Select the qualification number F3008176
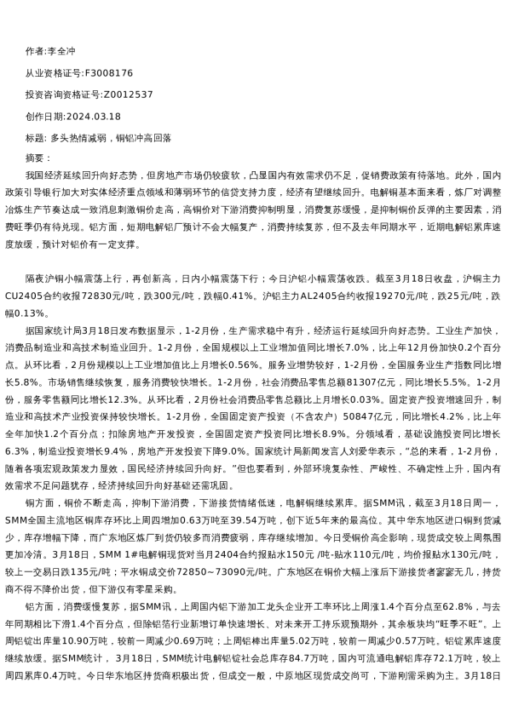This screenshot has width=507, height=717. point(110,73)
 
